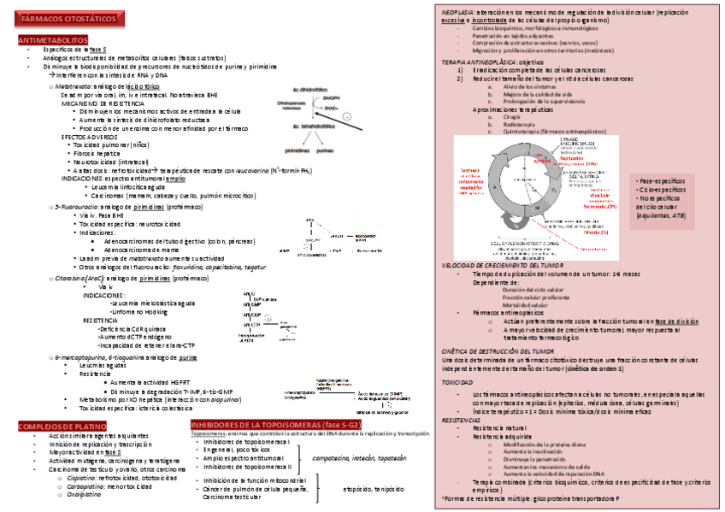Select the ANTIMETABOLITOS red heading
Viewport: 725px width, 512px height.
52,40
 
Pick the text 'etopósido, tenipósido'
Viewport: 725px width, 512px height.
373,489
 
